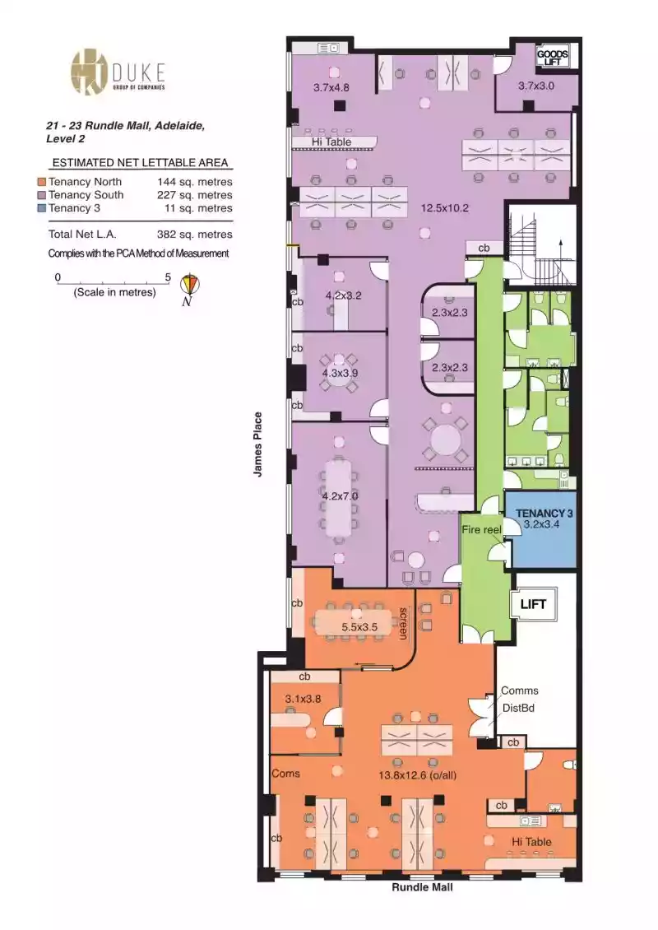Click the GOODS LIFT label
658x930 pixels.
point(552,58)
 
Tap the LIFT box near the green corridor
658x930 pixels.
point(534,604)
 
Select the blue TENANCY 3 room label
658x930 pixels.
point(544,513)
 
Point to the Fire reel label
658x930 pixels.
point(481,530)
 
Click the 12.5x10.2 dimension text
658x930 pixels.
point(445,208)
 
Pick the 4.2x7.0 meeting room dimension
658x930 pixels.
point(340,495)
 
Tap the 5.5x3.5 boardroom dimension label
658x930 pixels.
point(359,627)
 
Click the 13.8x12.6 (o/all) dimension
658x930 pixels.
point(417,775)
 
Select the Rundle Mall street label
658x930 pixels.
point(422,887)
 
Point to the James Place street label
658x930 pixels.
point(258,444)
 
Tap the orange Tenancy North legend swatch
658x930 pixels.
point(41,182)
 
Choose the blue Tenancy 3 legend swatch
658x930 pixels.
point(41,208)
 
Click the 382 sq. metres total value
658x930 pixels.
point(194,235)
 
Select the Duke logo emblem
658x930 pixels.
point(89,72)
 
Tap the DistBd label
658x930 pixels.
point(519,708)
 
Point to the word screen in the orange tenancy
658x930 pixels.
point(404,623)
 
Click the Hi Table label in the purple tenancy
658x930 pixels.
point(331,142)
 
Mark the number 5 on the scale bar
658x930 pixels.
point(168,277)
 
